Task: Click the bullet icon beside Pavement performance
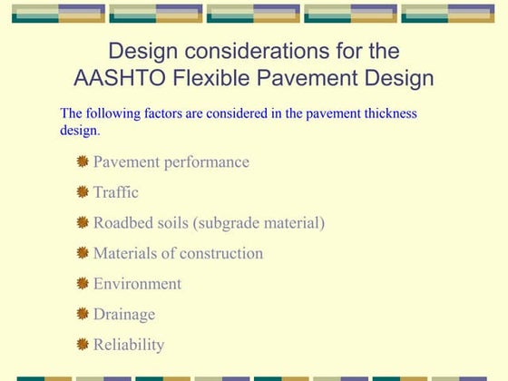click(83, 161)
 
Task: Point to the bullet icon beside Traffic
click(83, 191)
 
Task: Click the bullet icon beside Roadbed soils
click(83, 222)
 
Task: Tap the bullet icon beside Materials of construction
click(83, 252)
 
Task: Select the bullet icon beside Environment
click(83, 283)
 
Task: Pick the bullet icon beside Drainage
click(83, 314)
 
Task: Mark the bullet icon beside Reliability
click(83, 344)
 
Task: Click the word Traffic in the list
click(116, 192)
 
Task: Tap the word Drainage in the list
click(124, 314)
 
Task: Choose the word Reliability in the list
click(129, 345)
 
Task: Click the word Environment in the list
click(137, 284)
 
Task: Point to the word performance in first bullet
click(207, 162)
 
